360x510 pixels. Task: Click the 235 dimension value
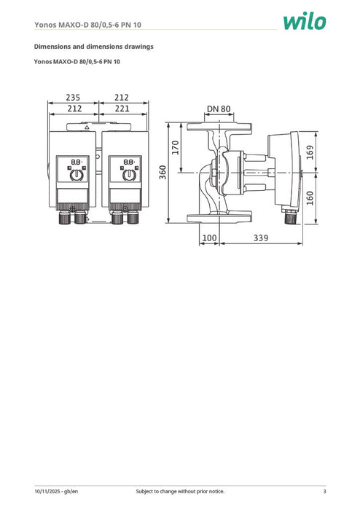(73, 98)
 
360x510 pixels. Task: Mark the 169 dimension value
(310, 153)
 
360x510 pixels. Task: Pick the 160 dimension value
(310, 198)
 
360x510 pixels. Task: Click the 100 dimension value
(209, 238)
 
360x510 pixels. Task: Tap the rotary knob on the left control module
(76, 176)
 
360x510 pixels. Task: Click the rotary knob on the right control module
(129, 176)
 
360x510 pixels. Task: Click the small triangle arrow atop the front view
(87, 127)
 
